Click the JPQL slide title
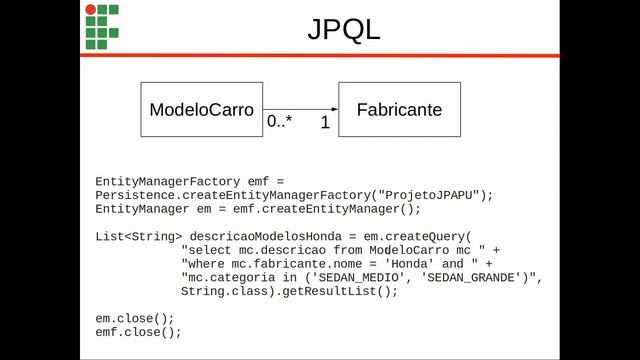point(344,30)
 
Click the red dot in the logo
point(91,9)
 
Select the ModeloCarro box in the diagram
point(202,109)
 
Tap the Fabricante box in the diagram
point(400,109)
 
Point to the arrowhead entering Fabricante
point(335,109)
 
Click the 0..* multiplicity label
point(280,121)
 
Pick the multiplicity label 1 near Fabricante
point(325,122)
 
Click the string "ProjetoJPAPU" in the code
point(428,195)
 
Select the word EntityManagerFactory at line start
point(168,182)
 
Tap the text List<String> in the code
point(139,237)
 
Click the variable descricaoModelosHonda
point(265,237)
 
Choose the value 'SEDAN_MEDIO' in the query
point(359,278)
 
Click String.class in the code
point(224,291)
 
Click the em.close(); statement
point(135,318)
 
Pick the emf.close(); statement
point(138,332)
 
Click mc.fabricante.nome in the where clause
point(297,264)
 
